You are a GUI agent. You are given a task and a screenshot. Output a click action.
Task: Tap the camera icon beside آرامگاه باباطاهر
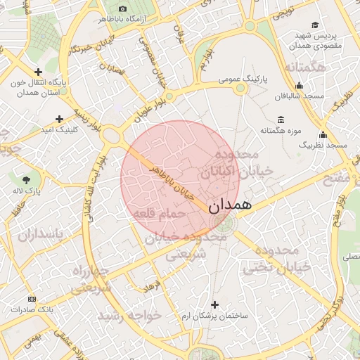(x=122, y=8)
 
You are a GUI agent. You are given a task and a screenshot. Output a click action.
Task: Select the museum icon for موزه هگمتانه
(x=281, y=119)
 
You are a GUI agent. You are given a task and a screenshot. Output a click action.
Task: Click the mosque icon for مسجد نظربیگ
(x=323, y=134)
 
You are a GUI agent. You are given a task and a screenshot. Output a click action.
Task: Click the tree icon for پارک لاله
(x=27, y=180)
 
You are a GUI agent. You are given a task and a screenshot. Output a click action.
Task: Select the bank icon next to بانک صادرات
(x=30, y=299)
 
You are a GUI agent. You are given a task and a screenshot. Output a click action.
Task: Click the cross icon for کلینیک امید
(x=60, y=119)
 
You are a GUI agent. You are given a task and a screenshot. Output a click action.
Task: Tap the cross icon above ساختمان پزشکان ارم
(x=214, y=304)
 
